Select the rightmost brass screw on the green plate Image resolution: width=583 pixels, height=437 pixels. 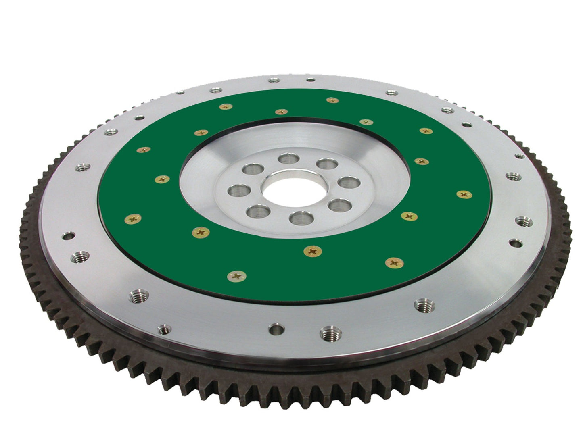[464, 194]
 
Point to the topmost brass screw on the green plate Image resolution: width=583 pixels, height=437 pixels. [332, 100]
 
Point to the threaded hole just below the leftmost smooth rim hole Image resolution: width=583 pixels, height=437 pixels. [77, 256]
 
